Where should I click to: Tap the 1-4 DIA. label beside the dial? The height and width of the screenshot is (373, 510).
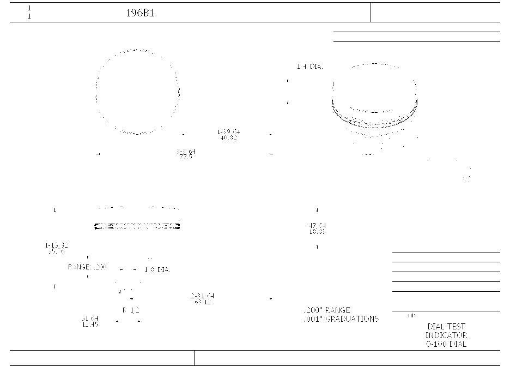pyautogui.click(x=309, y=67)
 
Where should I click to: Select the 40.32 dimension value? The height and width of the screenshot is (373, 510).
pyautogui.click(x=228, y=139)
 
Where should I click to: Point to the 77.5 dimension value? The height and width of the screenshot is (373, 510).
pyautogui.click(x=186, y=157)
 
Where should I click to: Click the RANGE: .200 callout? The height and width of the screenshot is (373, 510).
pyautogui.click(x=87, y=267)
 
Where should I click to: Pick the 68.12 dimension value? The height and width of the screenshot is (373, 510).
pyautogui.click(x=203, y=302)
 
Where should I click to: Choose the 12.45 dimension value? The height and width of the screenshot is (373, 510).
pyautogui.click(x=90, y=324)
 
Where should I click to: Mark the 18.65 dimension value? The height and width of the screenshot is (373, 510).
pyautogui.click(x=317, y=232)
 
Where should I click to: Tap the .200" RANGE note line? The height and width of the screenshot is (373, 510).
pyautogui.click(x=327, y=310)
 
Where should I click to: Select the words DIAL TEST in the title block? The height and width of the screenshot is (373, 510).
pyautogui.click(x=446, y=327)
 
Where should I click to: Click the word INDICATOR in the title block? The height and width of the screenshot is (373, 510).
pyautogui.click(x=446, y=335)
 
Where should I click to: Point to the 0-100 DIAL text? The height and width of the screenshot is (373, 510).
pyautogui.click(x=446, y=344)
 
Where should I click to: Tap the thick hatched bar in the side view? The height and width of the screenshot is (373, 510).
pyautogui.click(x=137, y=226)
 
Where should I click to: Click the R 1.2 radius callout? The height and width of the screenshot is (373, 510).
pyautogui.click(x=131, y=310)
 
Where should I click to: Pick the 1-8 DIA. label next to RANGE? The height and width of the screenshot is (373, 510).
pyautogui.click(x=157, y=270)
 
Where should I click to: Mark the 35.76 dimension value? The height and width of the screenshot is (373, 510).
pyautogui.click(x=56, y=251)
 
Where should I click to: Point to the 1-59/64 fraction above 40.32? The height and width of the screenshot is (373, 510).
pyautogui.click(x=228, y=132)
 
